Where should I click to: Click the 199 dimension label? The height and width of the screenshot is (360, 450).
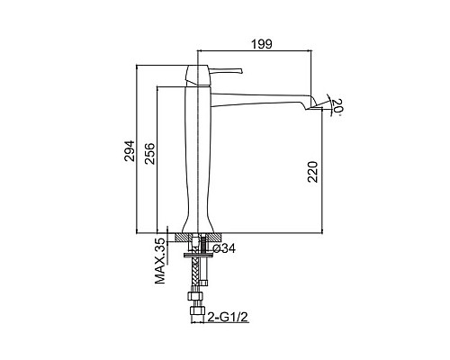click(x=261, y=44)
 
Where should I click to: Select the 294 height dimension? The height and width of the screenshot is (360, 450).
click(x=130, y=151)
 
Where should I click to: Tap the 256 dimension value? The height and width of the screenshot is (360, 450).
click(x=149, y=154)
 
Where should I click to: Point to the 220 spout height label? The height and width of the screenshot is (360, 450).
click(x=312, y=172)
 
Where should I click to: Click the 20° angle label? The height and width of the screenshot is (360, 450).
click(x=337, y=106)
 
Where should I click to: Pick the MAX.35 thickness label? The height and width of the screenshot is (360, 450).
click(x=160, y=261)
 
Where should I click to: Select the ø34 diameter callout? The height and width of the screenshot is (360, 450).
click(x=224, y=248)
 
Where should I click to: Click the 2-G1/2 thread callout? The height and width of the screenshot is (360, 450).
click(x=228, y=317)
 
